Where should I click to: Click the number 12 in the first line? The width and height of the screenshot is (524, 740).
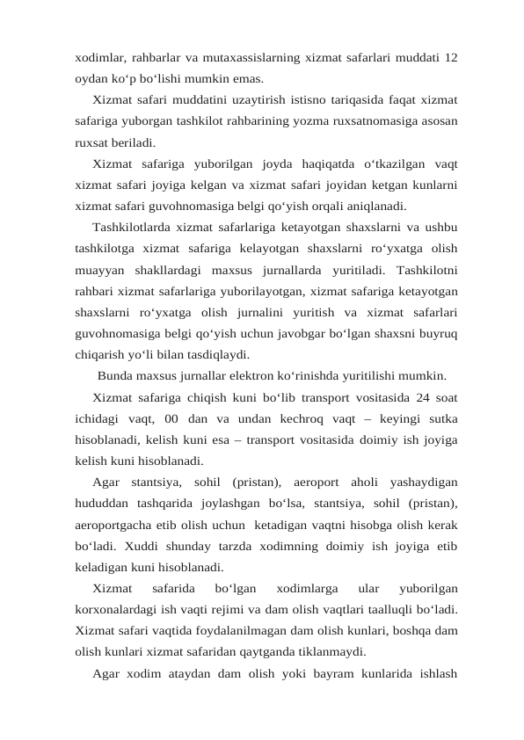(x=449, y=58)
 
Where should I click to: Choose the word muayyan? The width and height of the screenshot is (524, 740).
(x=98, y=270)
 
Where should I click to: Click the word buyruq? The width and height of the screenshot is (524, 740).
(x=436, y=334)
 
